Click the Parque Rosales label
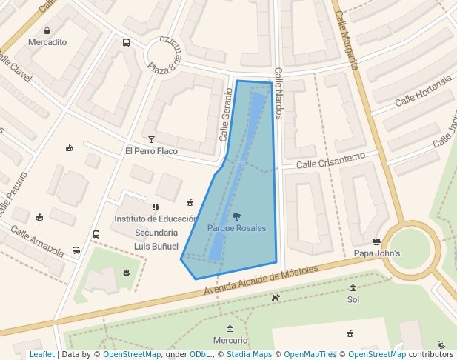pyautogui.click(x=236, y=228)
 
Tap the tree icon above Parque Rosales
pyautogui.click(x=236, y=216)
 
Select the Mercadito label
pyautogui.click(x=47, y=42)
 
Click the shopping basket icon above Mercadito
pyautogui.click(x=47, y=31)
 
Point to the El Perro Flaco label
pyautogui.click(x=151, y=151)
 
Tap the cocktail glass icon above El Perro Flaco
pyautogui.click(x=152, y=139)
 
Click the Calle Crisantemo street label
pyautogui.click(x=330, y=159)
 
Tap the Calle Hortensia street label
pyautogui.click(x=423, y=95)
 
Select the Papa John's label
pyautogui.click(x=377, y=253)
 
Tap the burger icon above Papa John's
pyautogui.click(x=377, y=241)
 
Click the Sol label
pyautogui.click(x=353, y=300)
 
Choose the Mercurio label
pyautogui.click(x=230, y=340)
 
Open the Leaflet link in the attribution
pyautogui.click(x=41, y=355)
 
